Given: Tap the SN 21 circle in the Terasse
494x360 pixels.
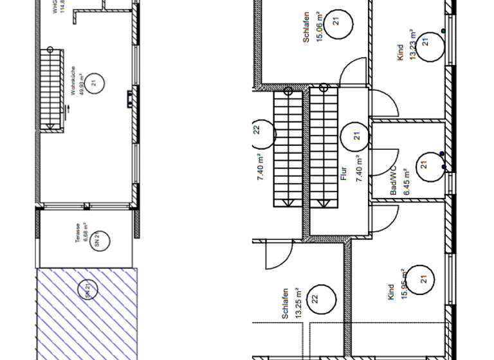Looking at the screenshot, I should coord(99,240).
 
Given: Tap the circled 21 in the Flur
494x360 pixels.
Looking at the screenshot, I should coord(355,136).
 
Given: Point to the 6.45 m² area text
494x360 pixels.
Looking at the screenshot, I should coord(407,182).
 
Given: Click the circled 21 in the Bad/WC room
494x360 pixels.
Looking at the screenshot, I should coord(425,165).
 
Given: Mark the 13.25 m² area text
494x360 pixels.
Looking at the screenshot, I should coord(298,303).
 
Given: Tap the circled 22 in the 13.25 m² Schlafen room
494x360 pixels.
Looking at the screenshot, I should coord(315,298).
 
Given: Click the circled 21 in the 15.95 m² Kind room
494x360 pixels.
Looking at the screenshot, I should coord(423,279).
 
